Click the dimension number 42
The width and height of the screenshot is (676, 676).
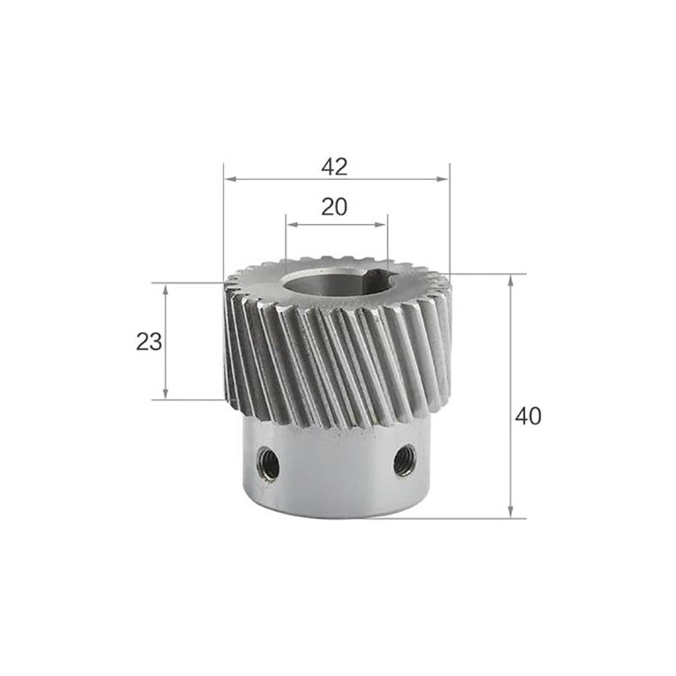coord(335,166)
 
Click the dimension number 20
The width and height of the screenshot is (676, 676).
coord(335,207)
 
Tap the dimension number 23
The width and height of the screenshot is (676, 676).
coord(150,342)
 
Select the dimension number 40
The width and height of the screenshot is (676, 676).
coord(528,417)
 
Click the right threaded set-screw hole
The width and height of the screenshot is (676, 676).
coord(405,461)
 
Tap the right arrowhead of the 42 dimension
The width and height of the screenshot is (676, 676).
coord(442,179)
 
